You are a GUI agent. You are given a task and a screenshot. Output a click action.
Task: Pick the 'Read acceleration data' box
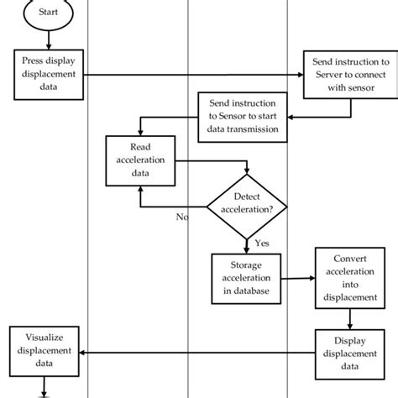click(139, 160)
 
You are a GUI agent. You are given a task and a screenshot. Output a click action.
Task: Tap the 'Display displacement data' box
click(353, 353)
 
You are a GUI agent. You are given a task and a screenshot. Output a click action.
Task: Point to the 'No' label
click(182, 216)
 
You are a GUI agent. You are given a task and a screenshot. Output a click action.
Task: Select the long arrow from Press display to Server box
click(193, 76)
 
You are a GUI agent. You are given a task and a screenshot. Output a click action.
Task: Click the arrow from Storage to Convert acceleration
click(300, 278)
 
